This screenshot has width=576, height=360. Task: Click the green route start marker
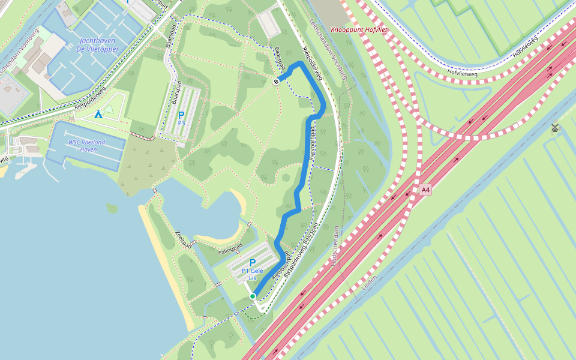click(x=253, y=296)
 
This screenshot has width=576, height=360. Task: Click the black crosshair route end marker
click(x=275, y=82)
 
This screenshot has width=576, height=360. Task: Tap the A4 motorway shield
click(x=425, y=190)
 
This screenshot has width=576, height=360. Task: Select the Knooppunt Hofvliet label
click(x=359, y=29)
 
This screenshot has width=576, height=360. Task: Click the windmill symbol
click(x=554, y=127)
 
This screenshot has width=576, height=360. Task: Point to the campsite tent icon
click(x=98, y=114)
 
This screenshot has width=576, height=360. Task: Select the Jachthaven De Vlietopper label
click(x=98, y=45)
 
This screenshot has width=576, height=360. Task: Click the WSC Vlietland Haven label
click(x=87, y=146)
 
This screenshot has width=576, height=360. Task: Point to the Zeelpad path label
click(x=183, y=238)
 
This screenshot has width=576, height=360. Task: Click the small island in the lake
click(x=112, y=208)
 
